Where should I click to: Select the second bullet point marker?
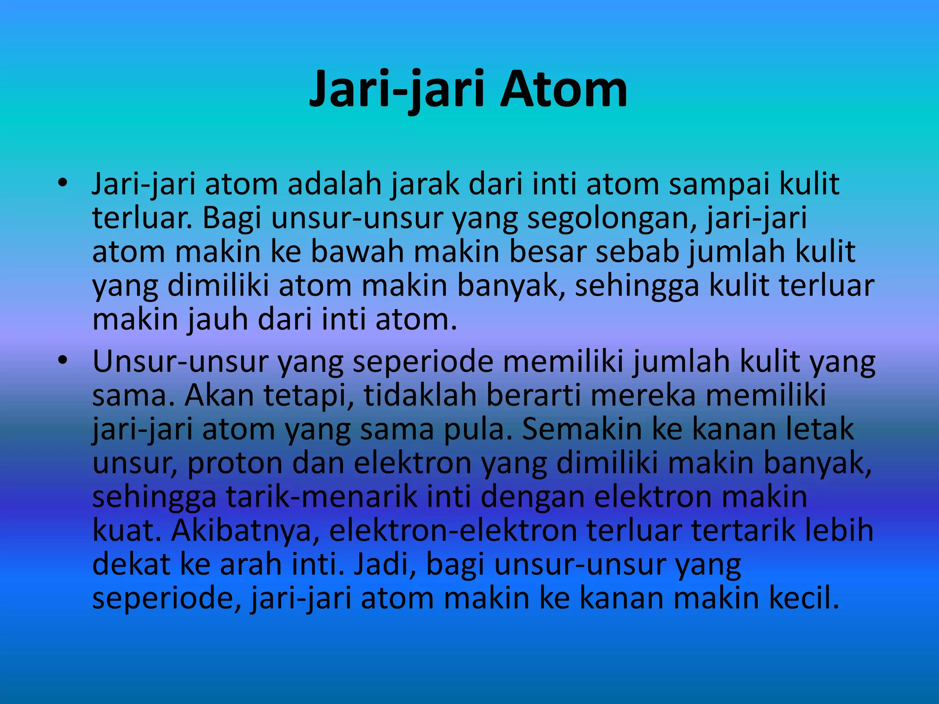[63, 361]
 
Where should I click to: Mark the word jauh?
[218, 320]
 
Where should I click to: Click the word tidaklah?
[420, 396]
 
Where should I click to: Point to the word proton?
[235, 463]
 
